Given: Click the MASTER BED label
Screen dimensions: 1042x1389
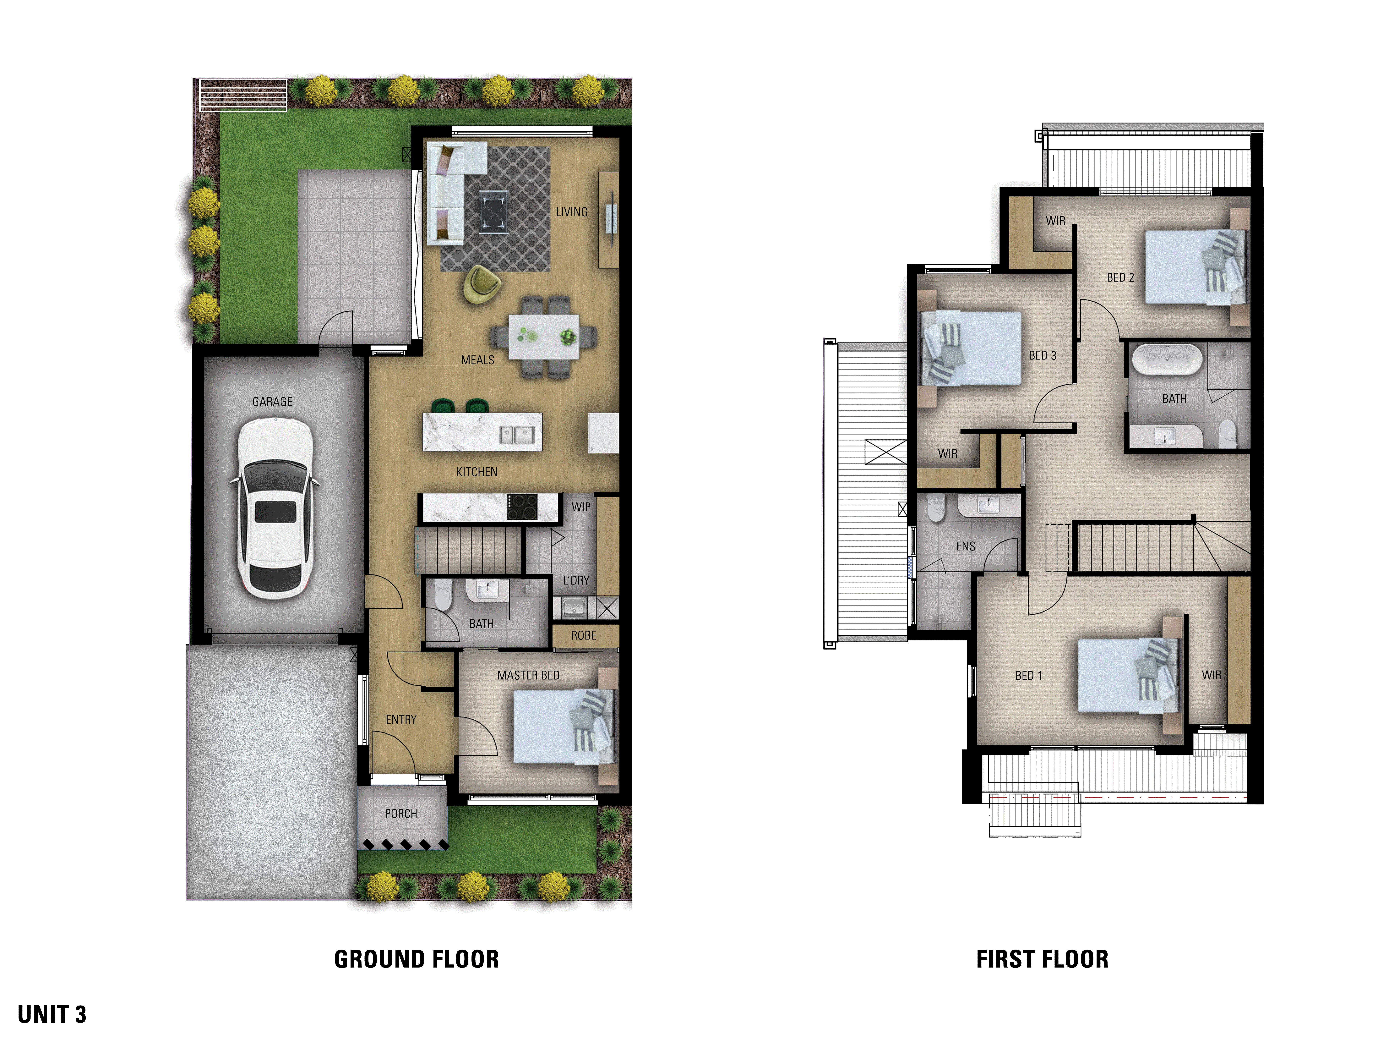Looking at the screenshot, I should (528, 675).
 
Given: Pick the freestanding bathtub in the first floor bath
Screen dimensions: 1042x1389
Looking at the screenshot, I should (1167, 360).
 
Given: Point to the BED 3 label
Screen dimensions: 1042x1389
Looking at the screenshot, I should (1042, 355).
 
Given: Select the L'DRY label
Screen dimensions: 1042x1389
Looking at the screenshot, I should (576, 580).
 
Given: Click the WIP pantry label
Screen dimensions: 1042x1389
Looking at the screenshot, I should (580, 507).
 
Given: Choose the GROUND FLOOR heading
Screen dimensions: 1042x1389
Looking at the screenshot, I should (416, 959).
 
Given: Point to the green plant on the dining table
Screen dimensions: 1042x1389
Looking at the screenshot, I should (568, 337).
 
